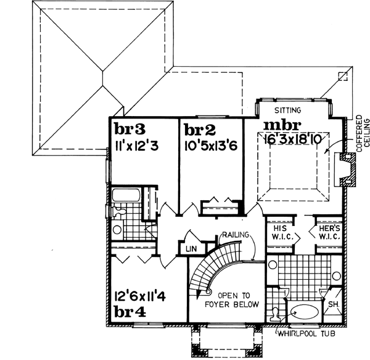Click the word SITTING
click(288, 111)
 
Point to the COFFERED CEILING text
click(361, 138)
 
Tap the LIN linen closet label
click(191, 248)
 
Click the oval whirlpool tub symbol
click(304, 312)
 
